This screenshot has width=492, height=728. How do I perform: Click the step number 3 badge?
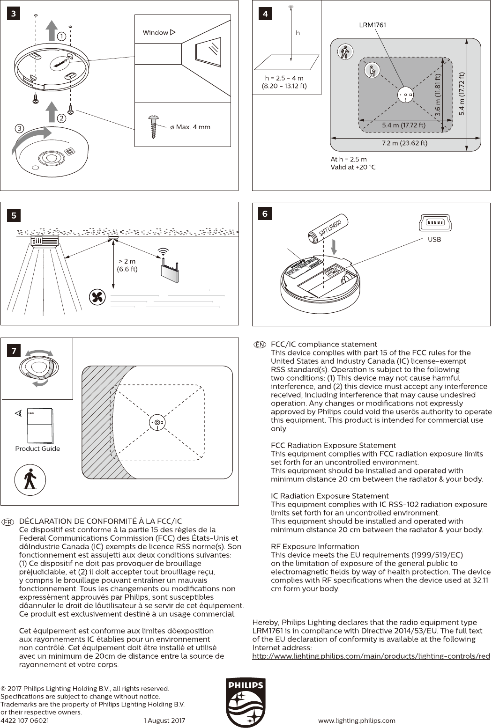[x=14, y=14]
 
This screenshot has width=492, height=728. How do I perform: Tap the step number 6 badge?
[x=265, y=213]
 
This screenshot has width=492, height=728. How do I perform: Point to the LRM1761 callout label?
[x=373, y=25]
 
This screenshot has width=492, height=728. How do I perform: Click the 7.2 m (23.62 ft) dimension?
[x=404, y=143]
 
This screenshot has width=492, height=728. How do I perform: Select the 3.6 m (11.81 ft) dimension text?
[x=438, y=95]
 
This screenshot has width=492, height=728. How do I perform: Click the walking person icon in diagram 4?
[x=345, y=52]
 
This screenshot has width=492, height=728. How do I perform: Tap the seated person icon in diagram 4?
[x=372, y=71]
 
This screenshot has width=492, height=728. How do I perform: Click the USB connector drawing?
[x=435, y=223]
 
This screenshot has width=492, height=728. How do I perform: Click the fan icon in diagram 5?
[x=97, y=297]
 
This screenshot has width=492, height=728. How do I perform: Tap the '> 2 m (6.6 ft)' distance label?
[x=127, y=265]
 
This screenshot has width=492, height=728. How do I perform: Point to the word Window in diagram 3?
[x=155, y=32]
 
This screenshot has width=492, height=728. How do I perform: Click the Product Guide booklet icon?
[x=40, y=426]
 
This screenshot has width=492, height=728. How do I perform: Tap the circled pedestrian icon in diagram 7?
[x=30, y=479]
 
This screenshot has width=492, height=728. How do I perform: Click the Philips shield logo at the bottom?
[x=246, y=702]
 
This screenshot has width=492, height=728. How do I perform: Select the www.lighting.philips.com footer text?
[x=357, y=721]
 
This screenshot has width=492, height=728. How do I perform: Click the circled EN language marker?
[x=260, y=345]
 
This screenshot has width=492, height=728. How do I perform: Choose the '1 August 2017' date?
[x=164, y=721]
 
